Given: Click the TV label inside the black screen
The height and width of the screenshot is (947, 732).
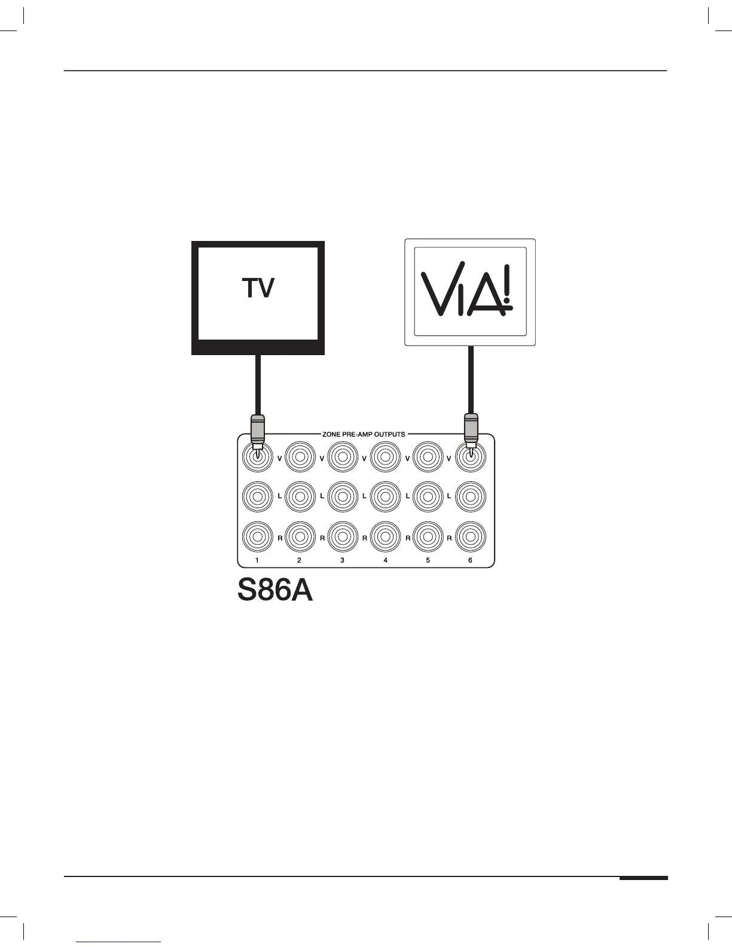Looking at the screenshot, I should tap(258, 289).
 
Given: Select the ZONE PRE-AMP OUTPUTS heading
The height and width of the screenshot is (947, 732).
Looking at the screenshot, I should tap(364, 434).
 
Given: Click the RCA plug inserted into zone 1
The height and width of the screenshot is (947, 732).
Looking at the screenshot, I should tap(257, 430).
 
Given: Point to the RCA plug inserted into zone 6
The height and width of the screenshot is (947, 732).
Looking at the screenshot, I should tap(471, 430).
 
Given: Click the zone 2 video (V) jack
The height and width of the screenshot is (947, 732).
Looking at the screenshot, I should tap(300, 458).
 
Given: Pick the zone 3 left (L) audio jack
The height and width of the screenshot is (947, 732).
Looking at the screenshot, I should tap(342, 496).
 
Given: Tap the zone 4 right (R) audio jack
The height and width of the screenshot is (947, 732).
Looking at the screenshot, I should tap(385, 537).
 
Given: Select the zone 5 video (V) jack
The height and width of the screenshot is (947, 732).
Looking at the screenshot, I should tap(428, 458).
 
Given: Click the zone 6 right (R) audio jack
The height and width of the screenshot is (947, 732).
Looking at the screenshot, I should tap(471, 537).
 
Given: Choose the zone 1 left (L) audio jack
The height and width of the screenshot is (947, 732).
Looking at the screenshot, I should tap(257, 496).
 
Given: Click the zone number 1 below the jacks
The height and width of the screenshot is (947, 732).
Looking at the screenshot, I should tap(257, 560).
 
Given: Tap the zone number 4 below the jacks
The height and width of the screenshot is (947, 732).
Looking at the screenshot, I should tap(385, 560).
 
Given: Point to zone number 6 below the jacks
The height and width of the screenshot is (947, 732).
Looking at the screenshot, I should tap(470, 560).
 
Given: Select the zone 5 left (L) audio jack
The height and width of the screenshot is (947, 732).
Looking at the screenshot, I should tap(428, 496).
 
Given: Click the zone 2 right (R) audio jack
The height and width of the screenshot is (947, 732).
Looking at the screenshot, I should tap(300, 537).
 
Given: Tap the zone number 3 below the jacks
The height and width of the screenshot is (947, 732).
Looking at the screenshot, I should tap(342, 560).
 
